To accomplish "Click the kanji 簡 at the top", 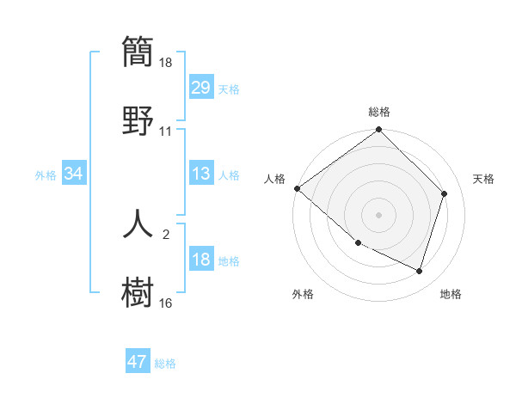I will (138, 52).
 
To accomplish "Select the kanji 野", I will (138, 119).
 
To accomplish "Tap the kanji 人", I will (138, 223).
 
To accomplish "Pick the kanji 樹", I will (138, 290).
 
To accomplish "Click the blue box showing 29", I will (200, 88).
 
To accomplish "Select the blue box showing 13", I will (200, 174).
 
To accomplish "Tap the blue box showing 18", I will (200, 260).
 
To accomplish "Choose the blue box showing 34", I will (74, 174).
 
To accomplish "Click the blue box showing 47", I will (138, 362).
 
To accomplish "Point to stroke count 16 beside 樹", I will (166, 303).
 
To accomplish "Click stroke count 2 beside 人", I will (166, 233).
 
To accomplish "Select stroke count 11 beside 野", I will (166, 132).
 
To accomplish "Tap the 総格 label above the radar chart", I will (379, 112).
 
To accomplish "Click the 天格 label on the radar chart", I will (483, 179).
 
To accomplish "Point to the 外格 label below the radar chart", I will (303, 294).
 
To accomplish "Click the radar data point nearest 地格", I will (419, 271).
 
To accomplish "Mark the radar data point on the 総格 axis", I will (379, 131).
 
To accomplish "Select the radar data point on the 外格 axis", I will (358, 243).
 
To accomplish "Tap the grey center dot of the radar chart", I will (379, 214).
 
